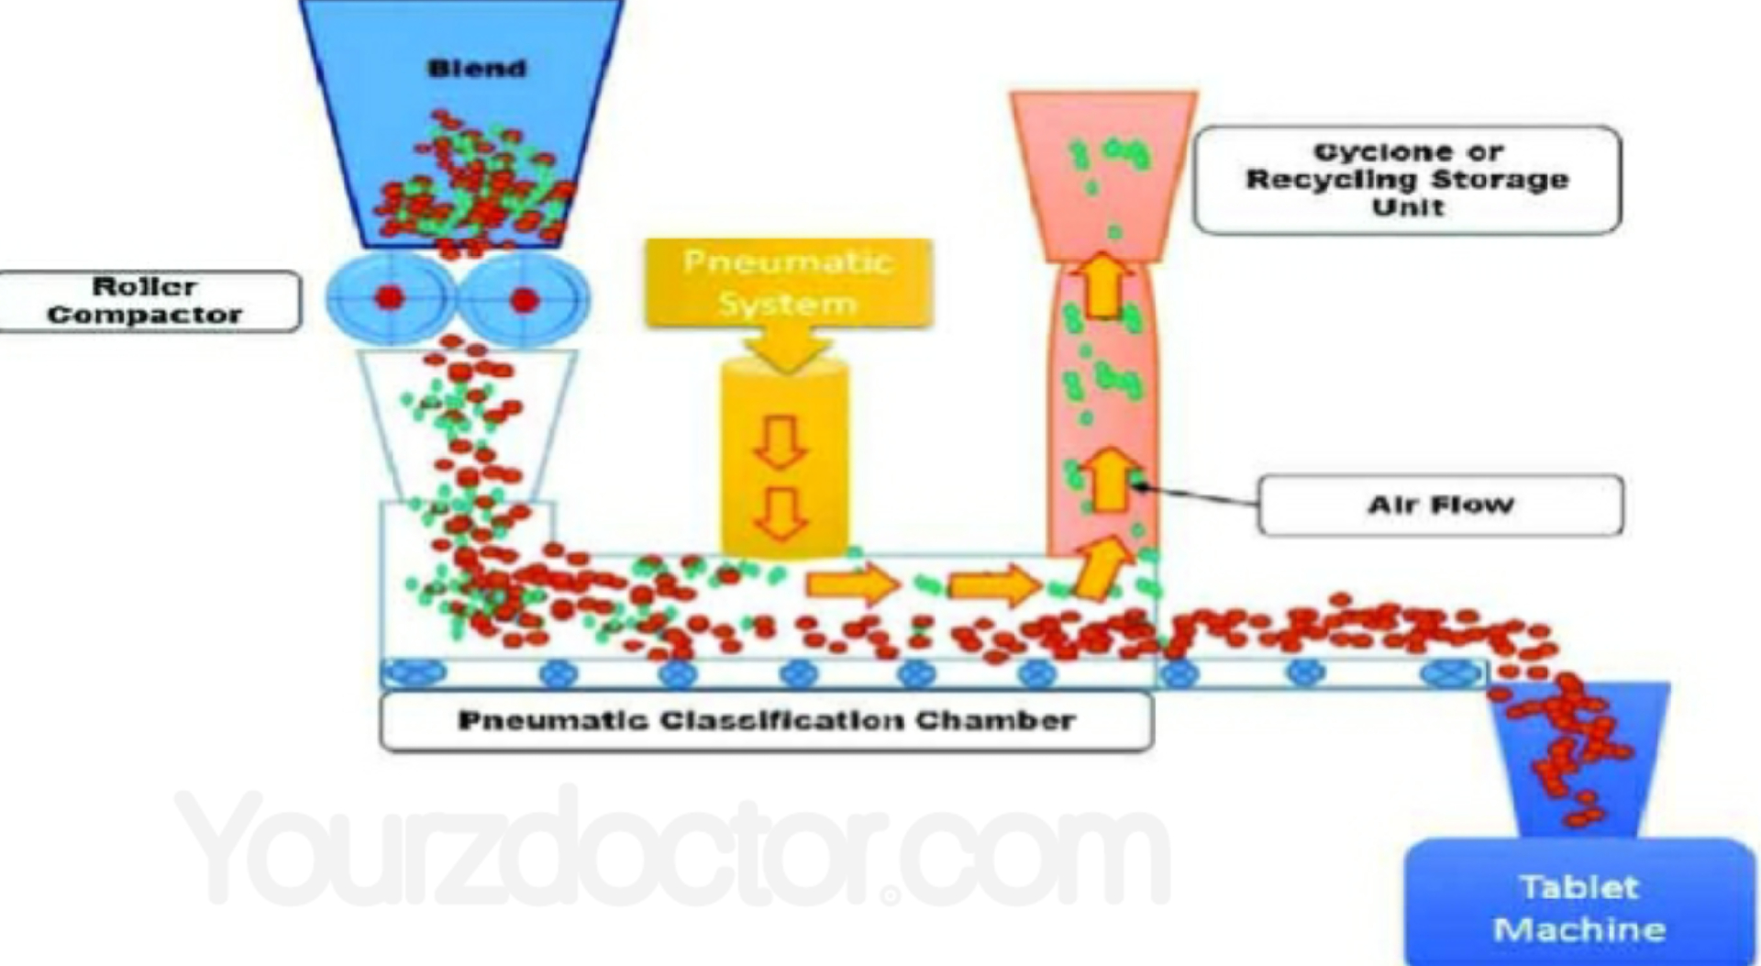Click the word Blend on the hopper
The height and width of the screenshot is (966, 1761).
click(477, 69)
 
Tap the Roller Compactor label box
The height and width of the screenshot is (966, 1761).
click(147, 301)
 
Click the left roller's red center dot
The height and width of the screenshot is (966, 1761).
click(391, 298)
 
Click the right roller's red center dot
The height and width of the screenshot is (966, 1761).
click(524, 299)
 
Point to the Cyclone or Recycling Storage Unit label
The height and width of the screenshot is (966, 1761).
click(1407, 180)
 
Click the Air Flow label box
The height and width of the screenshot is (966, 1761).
click(1440, 505)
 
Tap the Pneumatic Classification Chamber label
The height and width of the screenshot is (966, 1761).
click(766, 721)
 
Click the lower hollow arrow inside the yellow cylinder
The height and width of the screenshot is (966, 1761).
click(781, 514)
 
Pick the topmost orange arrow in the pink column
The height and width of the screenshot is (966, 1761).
click(1104, 284)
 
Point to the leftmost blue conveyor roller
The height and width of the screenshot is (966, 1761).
click(415, 672)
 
